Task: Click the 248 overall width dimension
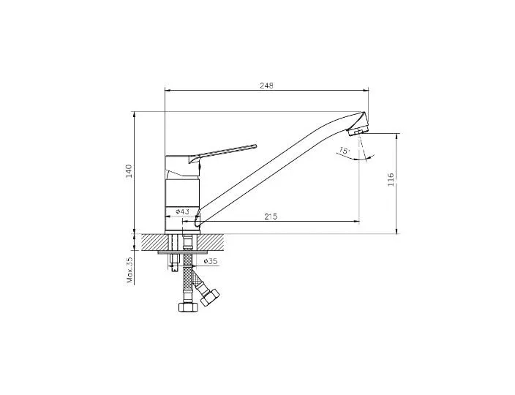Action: click(266, 86)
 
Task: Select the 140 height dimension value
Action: click(129, 171)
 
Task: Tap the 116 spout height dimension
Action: click(391, 180)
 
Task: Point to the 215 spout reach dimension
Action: click(271, 217)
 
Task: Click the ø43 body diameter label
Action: click(183, 211)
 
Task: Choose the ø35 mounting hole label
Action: click(211, 261)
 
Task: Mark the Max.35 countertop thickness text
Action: click(130, 270)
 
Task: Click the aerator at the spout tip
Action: click(357, 132)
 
